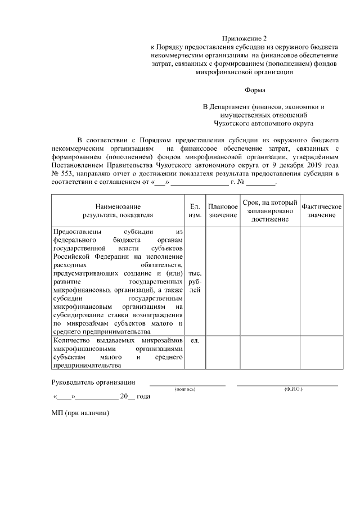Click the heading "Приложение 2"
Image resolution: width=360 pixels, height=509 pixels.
(245, 37)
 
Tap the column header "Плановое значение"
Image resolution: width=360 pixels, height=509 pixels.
(223, 211)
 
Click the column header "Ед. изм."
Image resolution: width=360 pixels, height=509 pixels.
(195, 211)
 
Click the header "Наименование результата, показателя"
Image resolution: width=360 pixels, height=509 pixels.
(118, 211)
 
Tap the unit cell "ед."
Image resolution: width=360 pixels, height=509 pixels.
(195, 341)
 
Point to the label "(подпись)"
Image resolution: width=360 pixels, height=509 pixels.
(185, 389)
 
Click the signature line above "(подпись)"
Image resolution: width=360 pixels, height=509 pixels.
(188, 385)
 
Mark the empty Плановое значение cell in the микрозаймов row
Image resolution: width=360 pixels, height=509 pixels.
(223, 353)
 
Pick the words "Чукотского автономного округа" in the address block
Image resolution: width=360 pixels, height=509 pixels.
(263, 122)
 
